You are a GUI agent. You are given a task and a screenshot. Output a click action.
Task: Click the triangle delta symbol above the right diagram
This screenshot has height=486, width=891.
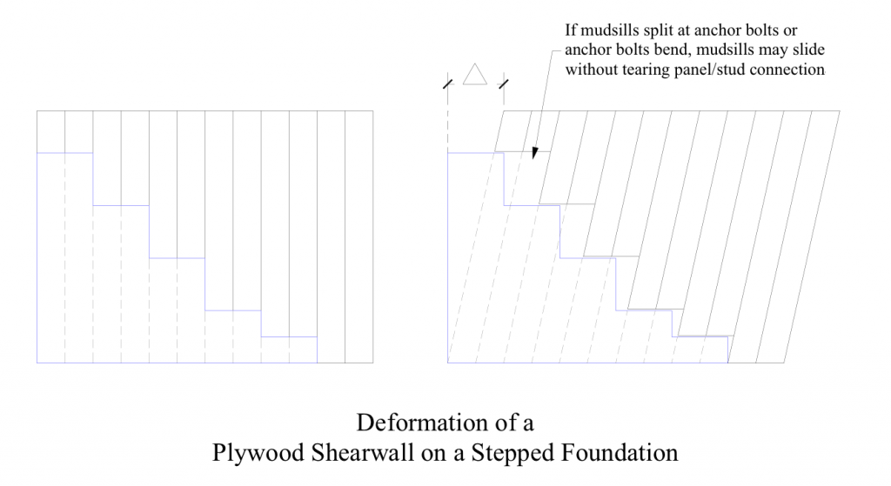tap(475, 75)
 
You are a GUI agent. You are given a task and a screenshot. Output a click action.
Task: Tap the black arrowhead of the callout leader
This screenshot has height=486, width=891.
tap(535, 153)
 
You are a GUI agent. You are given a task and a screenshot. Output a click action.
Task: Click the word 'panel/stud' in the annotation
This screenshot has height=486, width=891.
tap(713, 70)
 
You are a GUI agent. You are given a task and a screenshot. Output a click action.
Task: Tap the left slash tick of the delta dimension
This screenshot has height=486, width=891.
tap(448, 84)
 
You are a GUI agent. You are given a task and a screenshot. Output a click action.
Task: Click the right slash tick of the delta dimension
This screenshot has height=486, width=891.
tap(504, 84)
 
